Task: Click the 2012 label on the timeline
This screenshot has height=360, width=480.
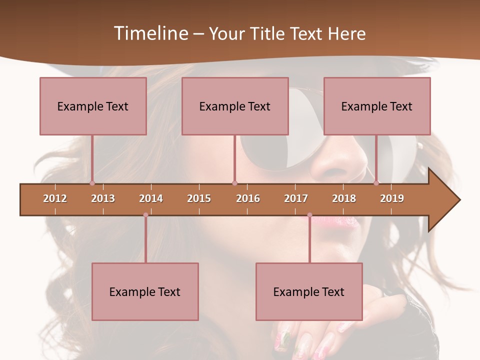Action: (55, 198)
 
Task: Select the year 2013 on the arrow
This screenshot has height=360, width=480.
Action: (103, 198)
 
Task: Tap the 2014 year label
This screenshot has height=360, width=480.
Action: (151, 198)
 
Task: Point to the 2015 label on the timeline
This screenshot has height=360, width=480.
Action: (199, 198)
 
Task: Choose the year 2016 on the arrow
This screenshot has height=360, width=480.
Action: (248, 198)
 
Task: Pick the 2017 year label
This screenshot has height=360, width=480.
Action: (296, 198)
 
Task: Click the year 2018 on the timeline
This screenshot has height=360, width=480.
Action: (344, 198)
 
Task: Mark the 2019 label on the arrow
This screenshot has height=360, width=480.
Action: (392, 198)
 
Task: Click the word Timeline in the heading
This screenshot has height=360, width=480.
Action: (150, 33)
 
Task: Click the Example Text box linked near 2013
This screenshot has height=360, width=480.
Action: (93, 106)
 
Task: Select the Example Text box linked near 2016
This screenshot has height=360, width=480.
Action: (235, 106)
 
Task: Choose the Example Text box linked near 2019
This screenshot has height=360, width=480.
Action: (377, 106)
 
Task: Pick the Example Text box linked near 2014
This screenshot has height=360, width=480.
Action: (145, 291)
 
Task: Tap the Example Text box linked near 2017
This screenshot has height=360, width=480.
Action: (309, 291)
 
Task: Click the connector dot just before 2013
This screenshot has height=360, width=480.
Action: (92, 183)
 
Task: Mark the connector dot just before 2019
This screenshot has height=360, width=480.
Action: (376, 183)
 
